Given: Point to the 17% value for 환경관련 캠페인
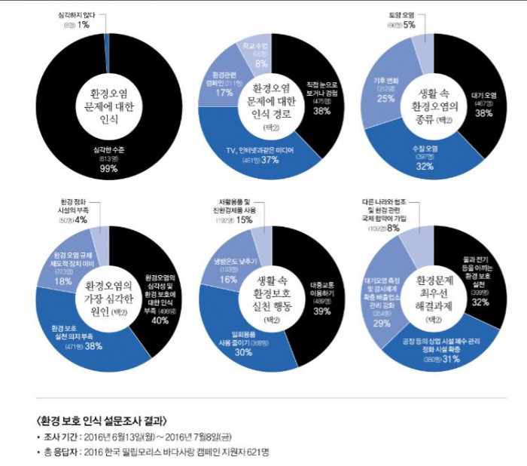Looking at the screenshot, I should pyautogui.click(x=224, y=93).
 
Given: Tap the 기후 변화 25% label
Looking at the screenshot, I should pyautogui.click(x=385, y=98).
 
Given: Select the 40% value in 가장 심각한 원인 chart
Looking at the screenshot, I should pyautogui.click(x=160, y=320).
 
